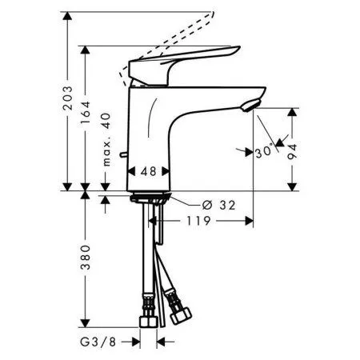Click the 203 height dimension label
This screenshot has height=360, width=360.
(x=67, y=98)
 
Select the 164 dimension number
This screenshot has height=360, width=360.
(x=86, y=113)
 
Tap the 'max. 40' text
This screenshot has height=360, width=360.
(x=106, y=139)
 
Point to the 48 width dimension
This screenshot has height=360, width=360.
(x=149, y=171)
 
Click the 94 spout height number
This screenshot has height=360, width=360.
(x=293, y=151)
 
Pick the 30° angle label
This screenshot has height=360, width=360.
(x=265, y=152)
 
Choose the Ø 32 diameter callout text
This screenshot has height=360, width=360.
(x=219, y=206)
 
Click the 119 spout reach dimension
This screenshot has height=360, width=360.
(x=198, y=221)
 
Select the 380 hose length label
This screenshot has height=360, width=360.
(x=86, y=258)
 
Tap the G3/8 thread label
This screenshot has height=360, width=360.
(x=98, y=342)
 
